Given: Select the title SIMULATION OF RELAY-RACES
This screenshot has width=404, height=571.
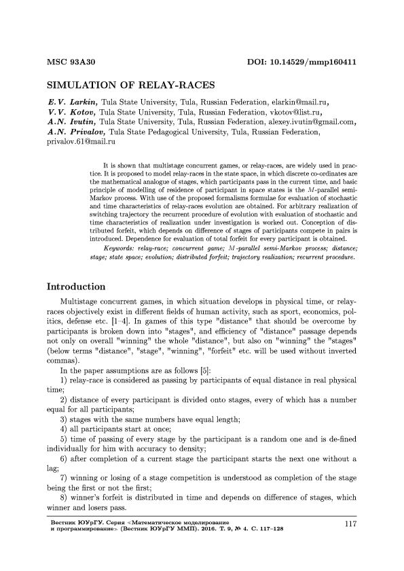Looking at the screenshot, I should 130,86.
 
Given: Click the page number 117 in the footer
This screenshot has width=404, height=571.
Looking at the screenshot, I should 351,524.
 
